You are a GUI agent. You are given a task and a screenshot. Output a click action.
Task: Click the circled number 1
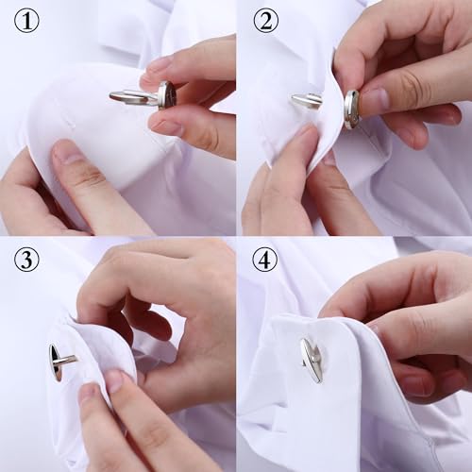(26, 22)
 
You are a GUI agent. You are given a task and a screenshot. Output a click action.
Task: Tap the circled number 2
(264, 22)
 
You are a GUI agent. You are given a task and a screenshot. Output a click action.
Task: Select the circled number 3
(26, 258)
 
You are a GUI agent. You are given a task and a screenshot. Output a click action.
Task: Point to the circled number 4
(264, 258)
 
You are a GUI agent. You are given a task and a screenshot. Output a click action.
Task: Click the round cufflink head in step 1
(167, 94)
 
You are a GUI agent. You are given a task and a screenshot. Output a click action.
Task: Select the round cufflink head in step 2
(351, 109)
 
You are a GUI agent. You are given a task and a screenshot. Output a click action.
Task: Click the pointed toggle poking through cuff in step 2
(305, 100)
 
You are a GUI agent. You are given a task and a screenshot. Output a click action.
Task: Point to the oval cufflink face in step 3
(56, 362)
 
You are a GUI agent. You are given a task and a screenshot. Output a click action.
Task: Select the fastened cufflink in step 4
(311, 360)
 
